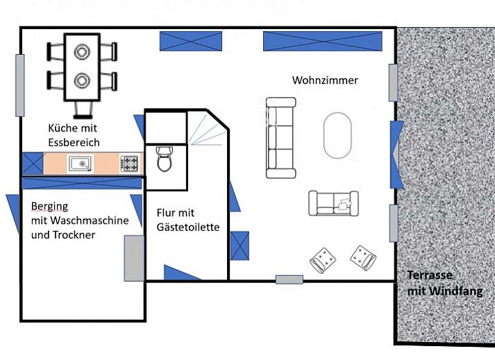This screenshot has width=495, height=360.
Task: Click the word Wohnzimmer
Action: (x=325, y=80)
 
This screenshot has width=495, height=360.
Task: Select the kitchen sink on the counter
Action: (x=80, y=164)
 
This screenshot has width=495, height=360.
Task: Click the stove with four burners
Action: (x=129, y=164)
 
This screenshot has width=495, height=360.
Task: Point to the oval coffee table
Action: (x=337, y=135)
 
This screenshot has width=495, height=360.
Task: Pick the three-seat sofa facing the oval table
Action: (x=281, y=137)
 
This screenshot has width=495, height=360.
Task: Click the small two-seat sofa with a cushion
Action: (x=334, y=203)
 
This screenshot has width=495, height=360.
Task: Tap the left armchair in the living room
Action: (x=323, y=259)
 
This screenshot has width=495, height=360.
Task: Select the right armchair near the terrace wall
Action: (x=362, y=257)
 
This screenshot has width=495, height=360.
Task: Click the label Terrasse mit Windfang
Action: (x=444, y=283)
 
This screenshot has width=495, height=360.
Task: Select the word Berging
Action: (x=49, y=206)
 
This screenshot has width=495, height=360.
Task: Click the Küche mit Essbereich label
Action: (x=74, y=135)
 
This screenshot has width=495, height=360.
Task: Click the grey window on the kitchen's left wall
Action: (x=20, y=85)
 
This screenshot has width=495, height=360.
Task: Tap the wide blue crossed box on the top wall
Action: (x=322, y=41)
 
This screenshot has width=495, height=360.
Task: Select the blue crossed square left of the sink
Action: (x=33, y=164)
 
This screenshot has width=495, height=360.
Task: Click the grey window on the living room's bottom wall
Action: (x=289, y=280)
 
